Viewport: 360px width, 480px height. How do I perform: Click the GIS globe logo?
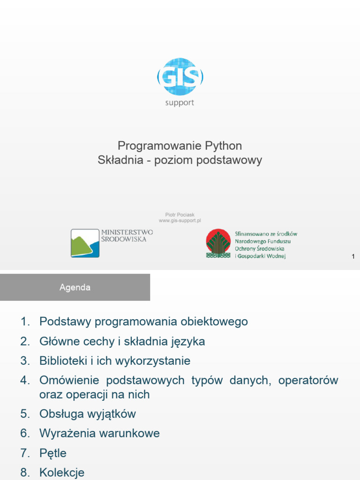tap(180, 76)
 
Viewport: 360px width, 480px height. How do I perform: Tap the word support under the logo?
tap(180, 102)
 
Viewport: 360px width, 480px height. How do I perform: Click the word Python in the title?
tap(224, 145)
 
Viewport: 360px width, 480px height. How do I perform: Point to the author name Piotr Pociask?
tap(180, 215)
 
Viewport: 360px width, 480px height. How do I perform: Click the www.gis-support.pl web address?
tap(180, 220)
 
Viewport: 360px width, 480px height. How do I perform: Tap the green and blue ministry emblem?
tap(85, 243)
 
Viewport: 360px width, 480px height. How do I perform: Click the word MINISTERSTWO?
tap(127, 232)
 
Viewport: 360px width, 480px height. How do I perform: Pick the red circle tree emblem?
tap(218, 243)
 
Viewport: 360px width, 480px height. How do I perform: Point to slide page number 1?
tap(352, 256)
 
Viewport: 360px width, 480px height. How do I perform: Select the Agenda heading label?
tap(75, 287)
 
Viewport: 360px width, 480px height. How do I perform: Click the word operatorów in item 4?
tap(308, 380)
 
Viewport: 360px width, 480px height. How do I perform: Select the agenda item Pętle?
tap(53, 453)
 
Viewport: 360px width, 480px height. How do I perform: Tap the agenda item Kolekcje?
tap(62, 472)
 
